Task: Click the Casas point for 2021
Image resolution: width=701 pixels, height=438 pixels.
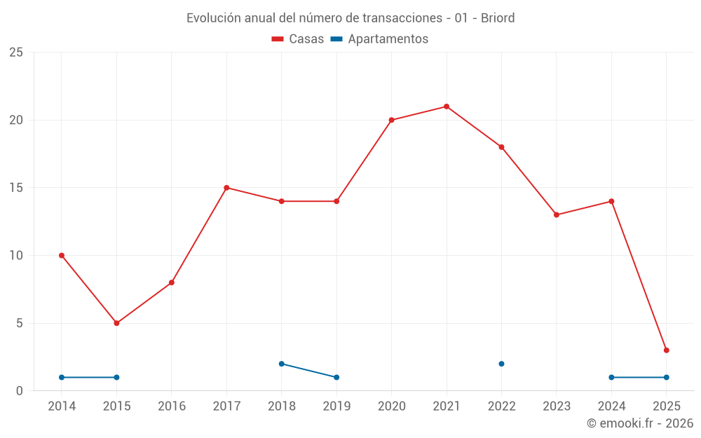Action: (x=447, y=107)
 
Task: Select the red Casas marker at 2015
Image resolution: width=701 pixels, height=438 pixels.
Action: (x=116, y=323)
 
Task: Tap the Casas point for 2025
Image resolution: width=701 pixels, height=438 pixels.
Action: (x=666, y=350)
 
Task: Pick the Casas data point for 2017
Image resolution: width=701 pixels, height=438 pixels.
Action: (x=226, y=188)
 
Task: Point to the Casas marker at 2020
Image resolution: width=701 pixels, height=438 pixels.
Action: (x=391, y=120)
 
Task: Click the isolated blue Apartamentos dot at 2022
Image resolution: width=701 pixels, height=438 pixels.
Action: (x=501, y=364)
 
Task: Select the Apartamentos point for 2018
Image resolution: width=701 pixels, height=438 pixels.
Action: (x=281, y=364)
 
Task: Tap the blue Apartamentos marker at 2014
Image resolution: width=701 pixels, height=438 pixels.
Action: (x=62, y=377)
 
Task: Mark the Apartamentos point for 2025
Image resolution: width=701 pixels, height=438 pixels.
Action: (x=666, y=377)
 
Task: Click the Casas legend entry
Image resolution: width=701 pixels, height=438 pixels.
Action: (x=298, y=39)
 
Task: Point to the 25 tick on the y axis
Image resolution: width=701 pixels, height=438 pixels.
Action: (x=16, y=53)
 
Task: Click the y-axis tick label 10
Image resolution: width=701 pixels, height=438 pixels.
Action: (x=16, y=255)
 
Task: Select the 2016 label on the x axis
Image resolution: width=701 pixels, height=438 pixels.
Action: (x=172, y=406)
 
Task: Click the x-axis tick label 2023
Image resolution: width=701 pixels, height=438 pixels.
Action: (x=556, y=406)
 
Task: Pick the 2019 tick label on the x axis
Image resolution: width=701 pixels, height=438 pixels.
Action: (x=336, y=406)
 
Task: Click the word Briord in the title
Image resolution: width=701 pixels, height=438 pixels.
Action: (x=498, y=18)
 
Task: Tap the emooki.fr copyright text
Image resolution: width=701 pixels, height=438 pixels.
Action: (x=640, y=423)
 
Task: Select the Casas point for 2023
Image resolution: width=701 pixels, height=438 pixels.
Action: (x=556, y=214)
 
